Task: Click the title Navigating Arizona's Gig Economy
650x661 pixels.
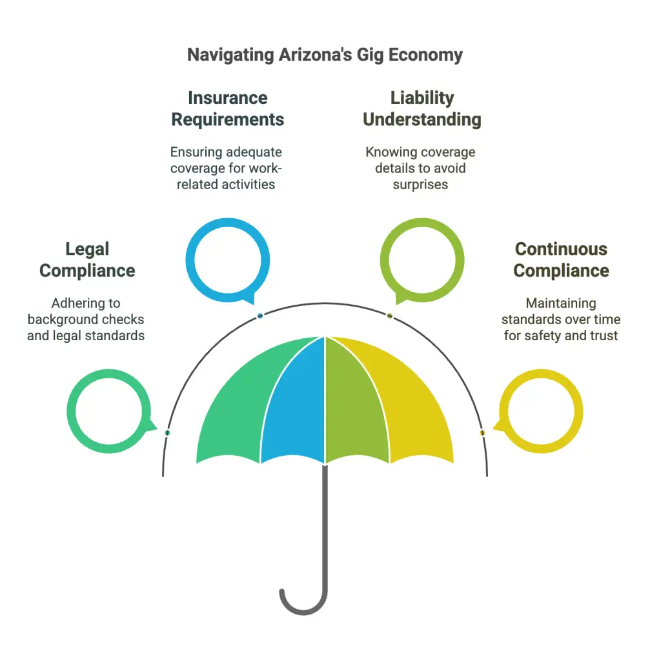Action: (x=325, y=56)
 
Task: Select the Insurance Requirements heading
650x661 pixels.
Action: (x=228, y=108)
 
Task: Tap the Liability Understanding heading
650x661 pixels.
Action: (x=422, y=108)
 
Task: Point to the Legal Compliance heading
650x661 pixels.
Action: (x=87, y=259)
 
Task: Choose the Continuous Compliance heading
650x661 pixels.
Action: (x=561, y=259)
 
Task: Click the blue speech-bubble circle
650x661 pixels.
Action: (x=228, y=222)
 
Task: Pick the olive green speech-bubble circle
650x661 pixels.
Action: (x=422, y=222)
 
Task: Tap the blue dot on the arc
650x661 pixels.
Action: (x=260, y=315)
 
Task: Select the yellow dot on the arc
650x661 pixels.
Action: (x=483, y=432)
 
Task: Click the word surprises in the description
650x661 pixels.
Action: (x=420, y=185)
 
